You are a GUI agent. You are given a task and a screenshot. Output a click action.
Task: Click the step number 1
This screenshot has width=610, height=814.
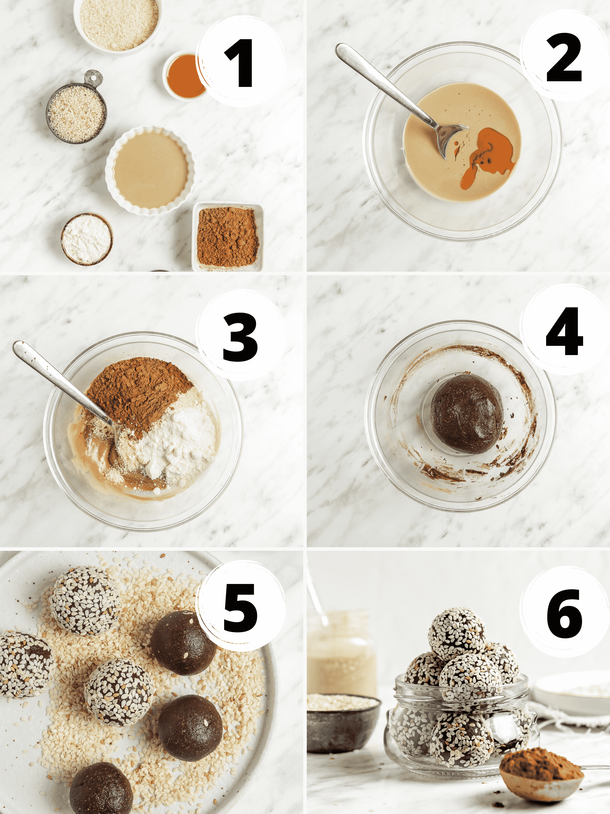239,63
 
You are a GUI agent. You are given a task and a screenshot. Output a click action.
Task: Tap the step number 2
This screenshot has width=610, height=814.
564,58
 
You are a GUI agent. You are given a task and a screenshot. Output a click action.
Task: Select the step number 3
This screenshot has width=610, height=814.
240,337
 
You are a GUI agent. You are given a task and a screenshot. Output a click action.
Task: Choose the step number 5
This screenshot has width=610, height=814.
239,608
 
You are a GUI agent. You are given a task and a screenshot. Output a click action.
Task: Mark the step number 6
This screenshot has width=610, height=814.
564,613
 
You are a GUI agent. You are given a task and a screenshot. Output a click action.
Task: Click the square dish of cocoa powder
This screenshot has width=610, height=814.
228,237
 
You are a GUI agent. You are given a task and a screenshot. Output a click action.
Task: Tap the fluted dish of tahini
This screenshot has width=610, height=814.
150,170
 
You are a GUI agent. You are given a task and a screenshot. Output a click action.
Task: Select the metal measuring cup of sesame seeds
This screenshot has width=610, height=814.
77,113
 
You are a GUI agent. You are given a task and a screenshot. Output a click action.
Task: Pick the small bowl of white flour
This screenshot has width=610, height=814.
87,238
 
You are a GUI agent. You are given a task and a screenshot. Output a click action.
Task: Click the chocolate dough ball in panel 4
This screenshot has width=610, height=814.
466,413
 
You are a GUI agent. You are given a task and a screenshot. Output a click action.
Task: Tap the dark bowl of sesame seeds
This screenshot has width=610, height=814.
343,722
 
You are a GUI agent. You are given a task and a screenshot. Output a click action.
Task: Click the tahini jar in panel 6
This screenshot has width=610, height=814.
341,653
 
